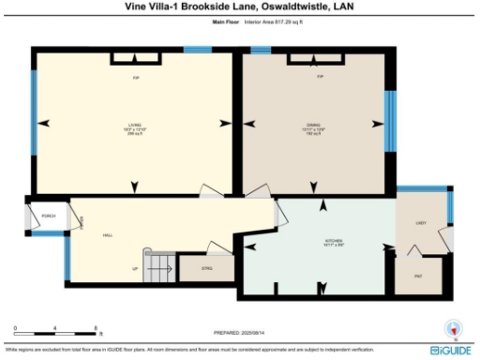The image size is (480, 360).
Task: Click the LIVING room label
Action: (x=134, y=125)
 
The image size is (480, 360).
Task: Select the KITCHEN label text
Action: (x=334, y=241)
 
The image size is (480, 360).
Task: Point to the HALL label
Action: (x=108, y=235)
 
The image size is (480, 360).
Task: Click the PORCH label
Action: (x=48, y=217)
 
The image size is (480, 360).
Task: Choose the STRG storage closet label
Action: (x=207, y=268)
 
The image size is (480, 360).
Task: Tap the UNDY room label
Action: (x=421, y=223)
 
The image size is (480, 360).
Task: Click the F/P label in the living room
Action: (x=135, y=77)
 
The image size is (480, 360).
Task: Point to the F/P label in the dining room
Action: (x=320, y=77)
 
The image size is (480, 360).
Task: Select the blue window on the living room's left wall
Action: (x=34, y=119)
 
